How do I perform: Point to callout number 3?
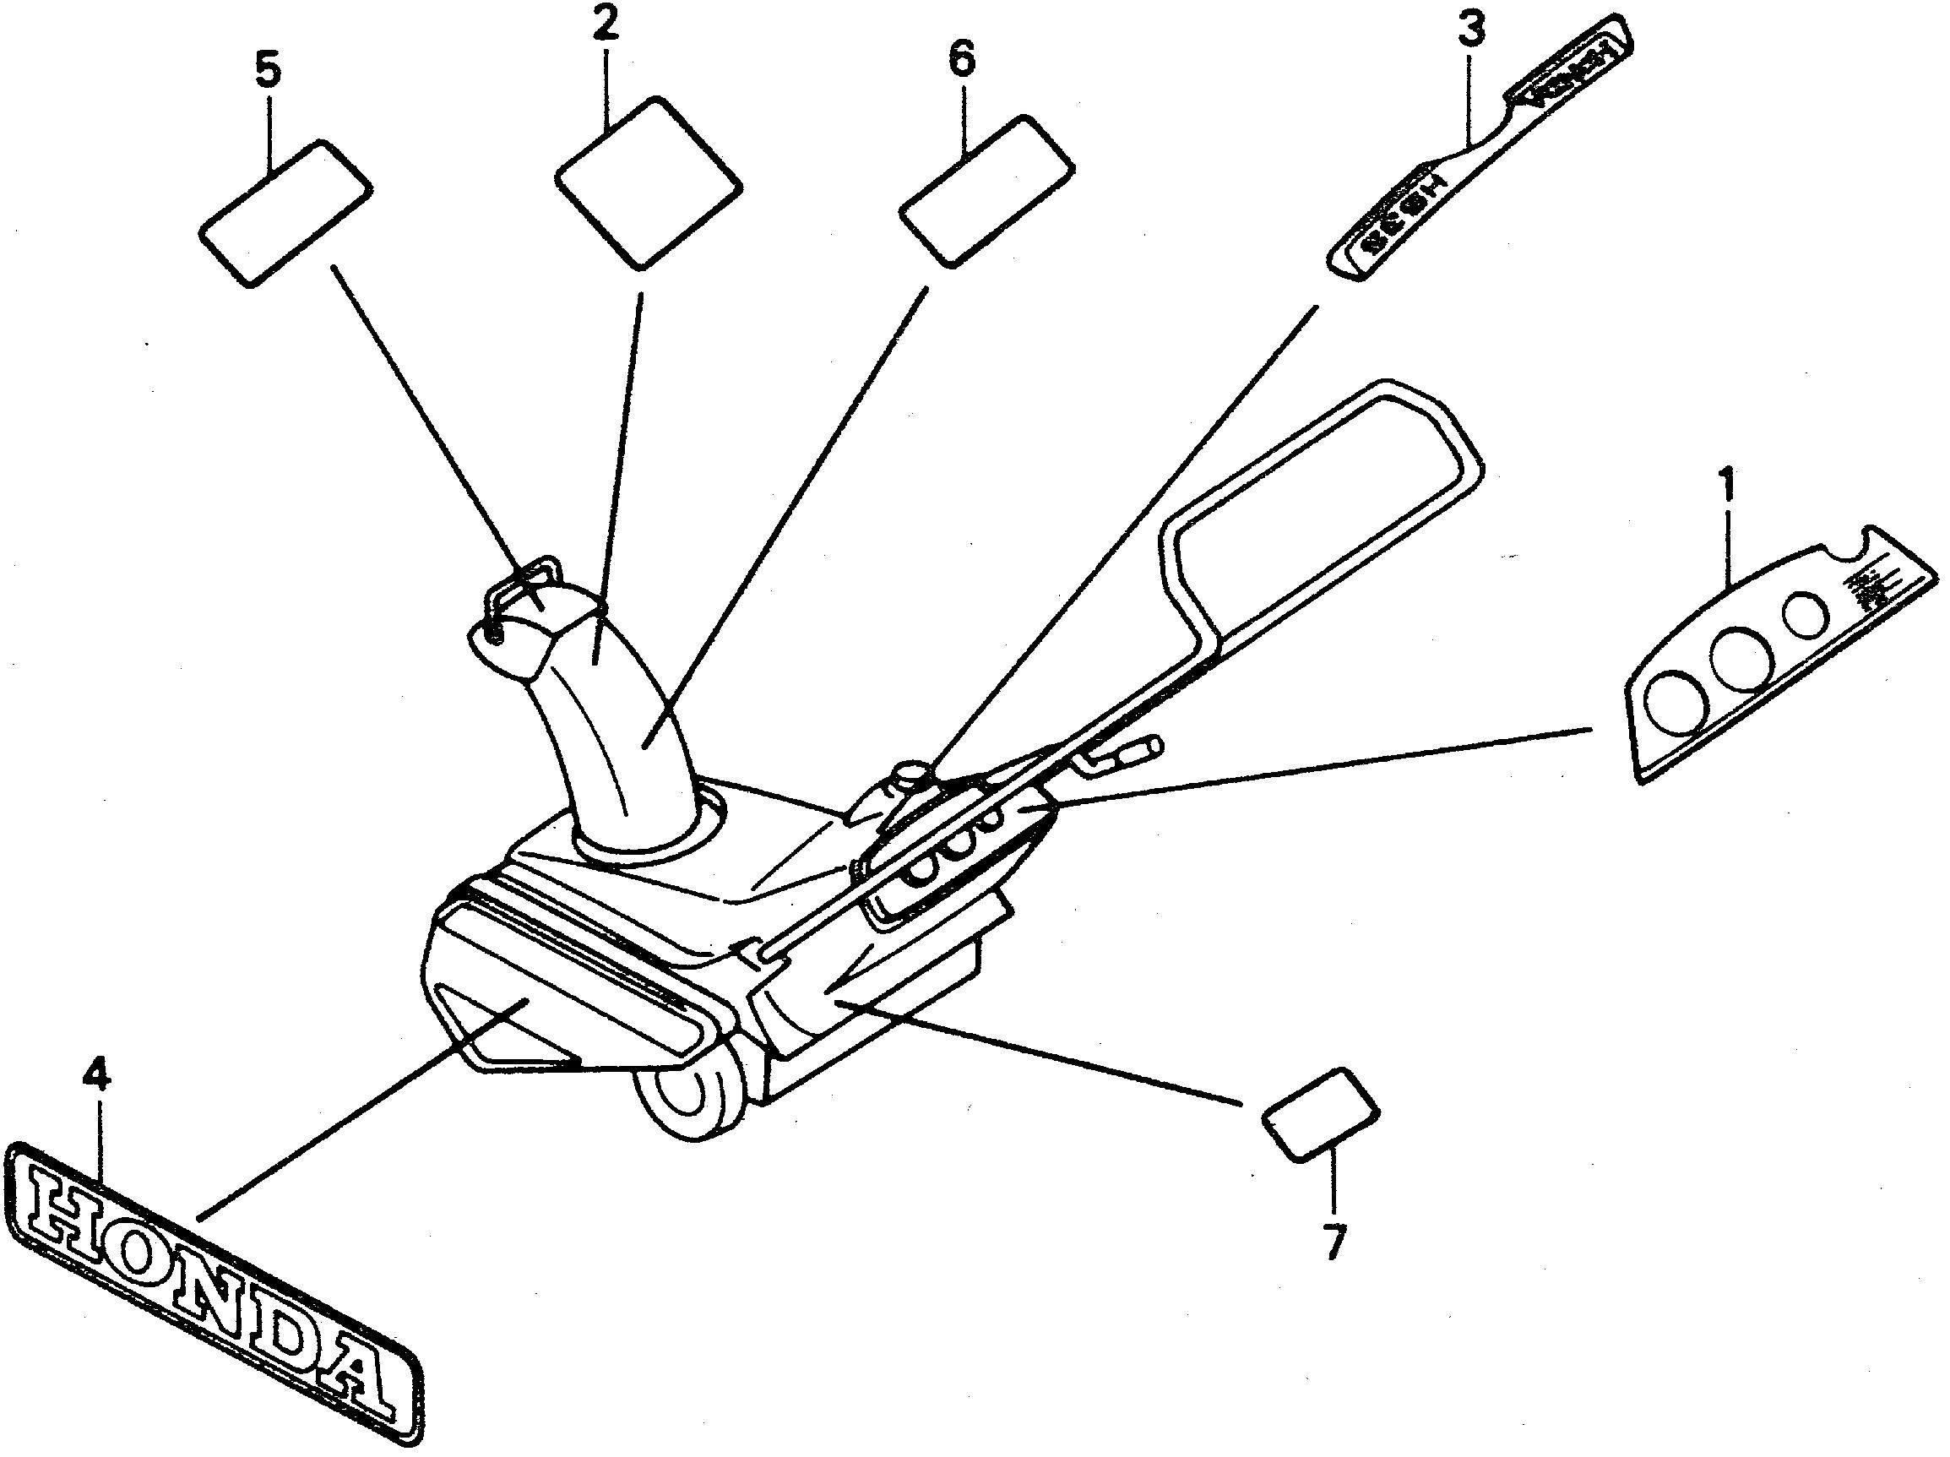click(1469, 29)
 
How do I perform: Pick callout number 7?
click(1334, 1242)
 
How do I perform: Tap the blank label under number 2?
click(648, 181)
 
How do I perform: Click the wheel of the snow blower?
click(692, 1099)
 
